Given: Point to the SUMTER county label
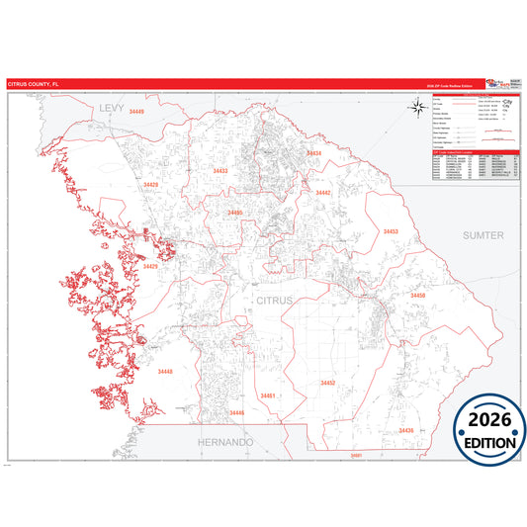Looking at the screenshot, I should pyautogui.click(x=483, y=235).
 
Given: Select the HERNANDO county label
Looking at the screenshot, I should pyautogui.click(x=225, y=441).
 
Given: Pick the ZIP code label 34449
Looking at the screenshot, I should pyautogui.click(x=135, y=113).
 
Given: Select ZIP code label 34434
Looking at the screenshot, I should pyautogui.click(x=313, y=154).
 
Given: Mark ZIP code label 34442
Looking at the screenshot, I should pyautogui.click(x=323, y=193).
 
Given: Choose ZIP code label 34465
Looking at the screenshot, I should pyautogui.click(x=235, y=213).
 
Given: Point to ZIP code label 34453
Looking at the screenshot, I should pyautogui.click(x=391, y=231).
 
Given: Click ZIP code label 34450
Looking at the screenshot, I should pyautogui.click(x=418, y=296).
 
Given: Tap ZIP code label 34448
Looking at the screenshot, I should pyautogui.click(x=164, y=371).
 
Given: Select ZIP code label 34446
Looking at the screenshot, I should pyautogui.click(x=236, y=412).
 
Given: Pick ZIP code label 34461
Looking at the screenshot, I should pyautogui.click(x=267, y=395).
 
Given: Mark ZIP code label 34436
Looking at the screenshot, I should pyautogui.click(x=405, y=430).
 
